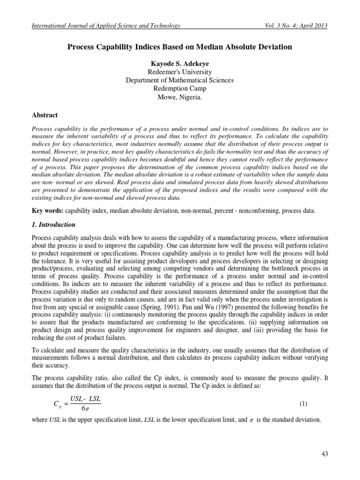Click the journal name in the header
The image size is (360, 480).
pos(105,26)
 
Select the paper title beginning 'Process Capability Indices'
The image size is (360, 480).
pos(180,47)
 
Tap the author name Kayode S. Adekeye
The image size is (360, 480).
pos(180,63)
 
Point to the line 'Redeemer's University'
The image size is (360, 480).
pos(180,72)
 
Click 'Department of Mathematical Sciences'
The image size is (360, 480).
pos(180,80)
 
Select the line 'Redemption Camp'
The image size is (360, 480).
pos(180,89)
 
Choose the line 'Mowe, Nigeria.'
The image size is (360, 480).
pos(180,97)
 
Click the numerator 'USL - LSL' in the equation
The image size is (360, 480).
pos(86,399)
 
